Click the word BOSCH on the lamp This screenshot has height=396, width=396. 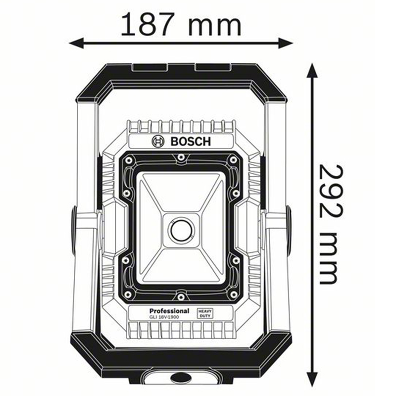coord(191,142)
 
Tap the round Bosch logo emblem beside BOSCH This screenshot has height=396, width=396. coord(157,142)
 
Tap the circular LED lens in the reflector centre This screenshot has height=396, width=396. coord(180,229)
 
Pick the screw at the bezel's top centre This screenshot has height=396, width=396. coord(181,158)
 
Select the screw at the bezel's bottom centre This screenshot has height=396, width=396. coord(181,297)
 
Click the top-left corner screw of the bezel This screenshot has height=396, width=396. coord(129,160)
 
